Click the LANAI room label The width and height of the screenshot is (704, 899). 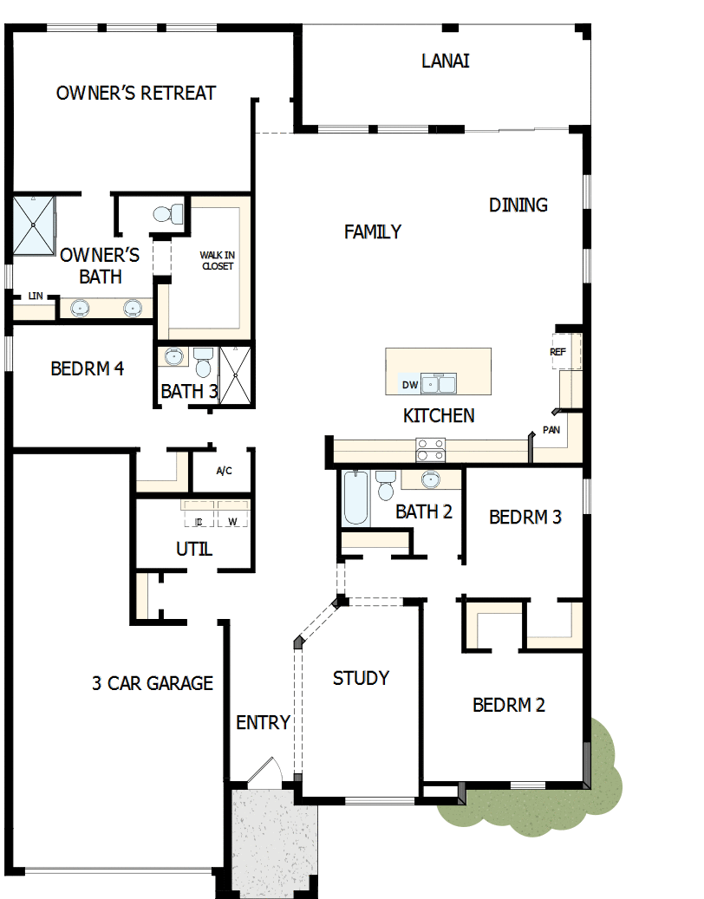446,61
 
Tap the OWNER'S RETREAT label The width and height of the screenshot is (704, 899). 136,93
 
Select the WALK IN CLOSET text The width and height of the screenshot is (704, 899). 217,260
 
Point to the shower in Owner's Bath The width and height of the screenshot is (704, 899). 34,225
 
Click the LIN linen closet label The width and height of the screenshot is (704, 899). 35,296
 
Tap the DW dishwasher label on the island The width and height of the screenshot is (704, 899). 409,384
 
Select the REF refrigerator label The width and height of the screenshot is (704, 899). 557,352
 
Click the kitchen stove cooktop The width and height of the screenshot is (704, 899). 431,450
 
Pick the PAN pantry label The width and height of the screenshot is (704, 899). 551,429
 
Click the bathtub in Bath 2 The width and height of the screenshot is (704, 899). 356,498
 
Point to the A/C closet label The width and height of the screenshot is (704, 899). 224,472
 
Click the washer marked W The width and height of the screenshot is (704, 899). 232,521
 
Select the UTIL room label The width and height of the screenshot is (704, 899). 193,549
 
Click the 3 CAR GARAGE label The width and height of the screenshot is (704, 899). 153,683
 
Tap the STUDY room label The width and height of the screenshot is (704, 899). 361,678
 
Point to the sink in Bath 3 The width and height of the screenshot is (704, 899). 174,356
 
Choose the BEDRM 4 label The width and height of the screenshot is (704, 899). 87,368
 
